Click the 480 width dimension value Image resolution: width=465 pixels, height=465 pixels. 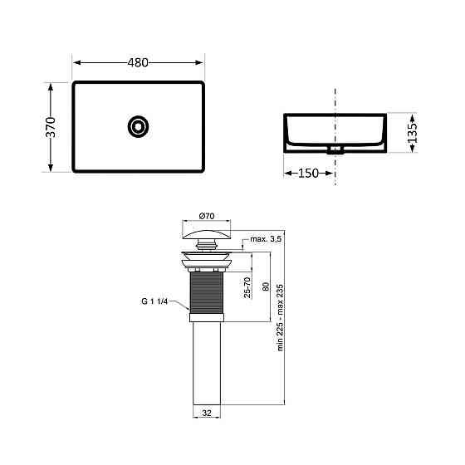point(139,62)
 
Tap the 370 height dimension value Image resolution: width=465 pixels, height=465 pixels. point(51,127)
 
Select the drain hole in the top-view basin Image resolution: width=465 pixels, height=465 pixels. point(138,126)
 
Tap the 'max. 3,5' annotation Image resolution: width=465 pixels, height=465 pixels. point(264,239)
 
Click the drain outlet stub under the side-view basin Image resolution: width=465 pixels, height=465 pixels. point(335,151)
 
